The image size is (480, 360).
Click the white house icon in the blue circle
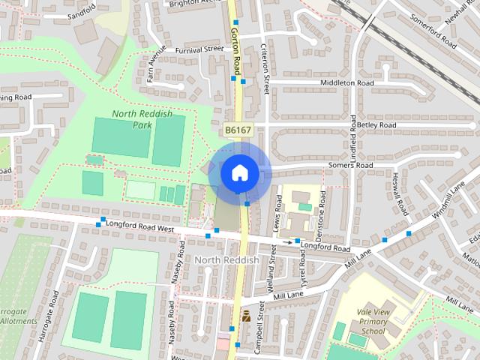238,172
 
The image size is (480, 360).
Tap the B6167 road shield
238,130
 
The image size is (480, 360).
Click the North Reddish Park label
142,118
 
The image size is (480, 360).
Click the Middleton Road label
346,83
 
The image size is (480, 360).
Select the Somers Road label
350,165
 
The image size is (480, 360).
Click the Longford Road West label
141,223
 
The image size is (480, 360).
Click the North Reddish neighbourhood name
226,260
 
